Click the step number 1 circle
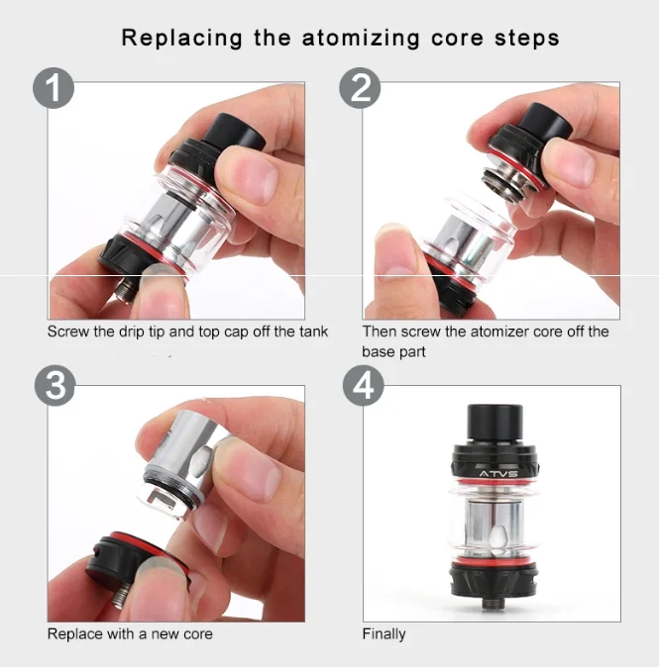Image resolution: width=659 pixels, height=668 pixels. pos(54,88)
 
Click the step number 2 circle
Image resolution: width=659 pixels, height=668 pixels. pos(360,88)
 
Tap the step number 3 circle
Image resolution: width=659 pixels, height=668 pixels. pos(55,386)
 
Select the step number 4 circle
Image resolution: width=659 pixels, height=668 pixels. pos(364,386)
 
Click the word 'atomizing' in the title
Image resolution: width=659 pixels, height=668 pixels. pos(361,39)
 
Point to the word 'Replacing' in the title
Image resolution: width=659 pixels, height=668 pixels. pos(182,39)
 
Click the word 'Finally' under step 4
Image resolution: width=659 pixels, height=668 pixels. pos(384,634)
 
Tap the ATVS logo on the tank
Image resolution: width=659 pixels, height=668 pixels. pos(498,474)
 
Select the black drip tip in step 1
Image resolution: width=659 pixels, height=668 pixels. pos(233,133)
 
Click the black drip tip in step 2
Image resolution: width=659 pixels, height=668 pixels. pos(548,122)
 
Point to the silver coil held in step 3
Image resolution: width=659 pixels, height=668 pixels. pos(184,463)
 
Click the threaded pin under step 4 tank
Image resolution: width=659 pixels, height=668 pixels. pos(492,604)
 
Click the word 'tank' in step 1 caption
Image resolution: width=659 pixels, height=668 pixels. pos(313,332)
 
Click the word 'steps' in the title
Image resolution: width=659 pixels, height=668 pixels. pos(527,40)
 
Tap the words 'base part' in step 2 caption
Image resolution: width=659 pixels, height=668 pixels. pos(393,352)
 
